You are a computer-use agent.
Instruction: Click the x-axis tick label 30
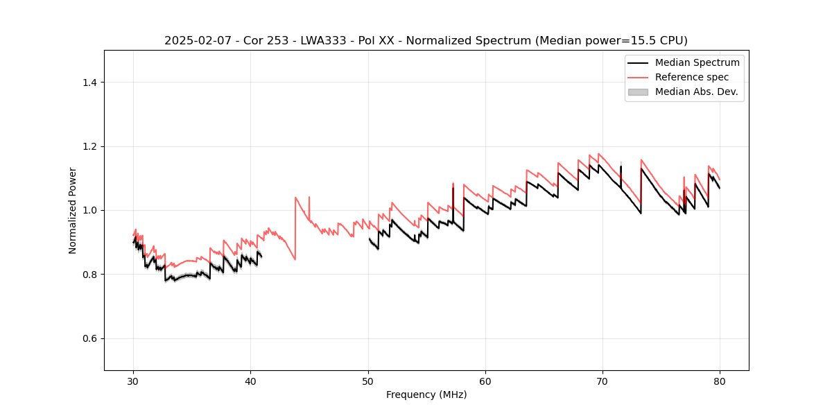pos(133,381)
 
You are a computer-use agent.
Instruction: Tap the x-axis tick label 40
pos(250,381)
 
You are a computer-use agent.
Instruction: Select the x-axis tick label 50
pos(368,381)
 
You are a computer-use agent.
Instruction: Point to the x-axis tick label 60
pos(485,381)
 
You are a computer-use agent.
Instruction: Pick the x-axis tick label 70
pos(603,381)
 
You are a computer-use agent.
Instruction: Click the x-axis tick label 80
pos(720,381)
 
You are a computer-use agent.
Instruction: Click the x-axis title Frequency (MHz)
pos(426,395)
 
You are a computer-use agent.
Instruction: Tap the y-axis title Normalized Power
pos(72,210)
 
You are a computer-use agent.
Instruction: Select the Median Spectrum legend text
pos(697,62)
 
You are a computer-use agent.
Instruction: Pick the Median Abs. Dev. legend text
pos(697,92)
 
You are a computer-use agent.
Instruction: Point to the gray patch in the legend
pos(638,92)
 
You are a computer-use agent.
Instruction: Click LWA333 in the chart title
pos(322,40)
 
